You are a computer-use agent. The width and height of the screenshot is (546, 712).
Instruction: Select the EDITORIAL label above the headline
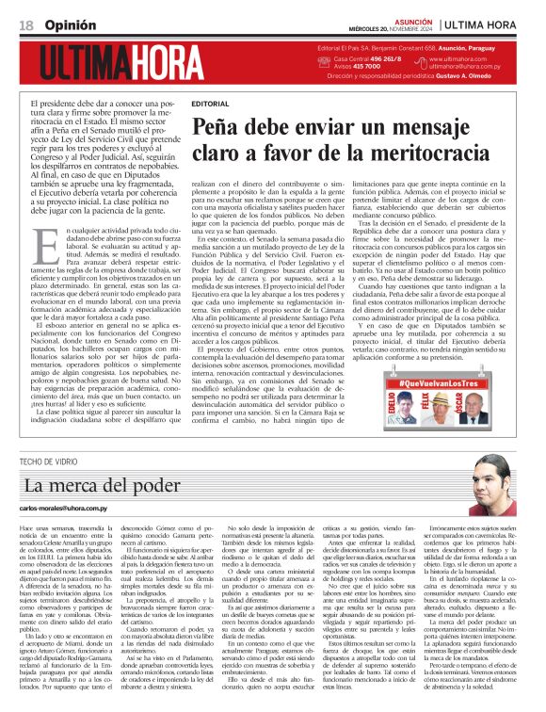click(209, 103)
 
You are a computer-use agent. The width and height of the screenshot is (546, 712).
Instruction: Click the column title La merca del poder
click(89, 486)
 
